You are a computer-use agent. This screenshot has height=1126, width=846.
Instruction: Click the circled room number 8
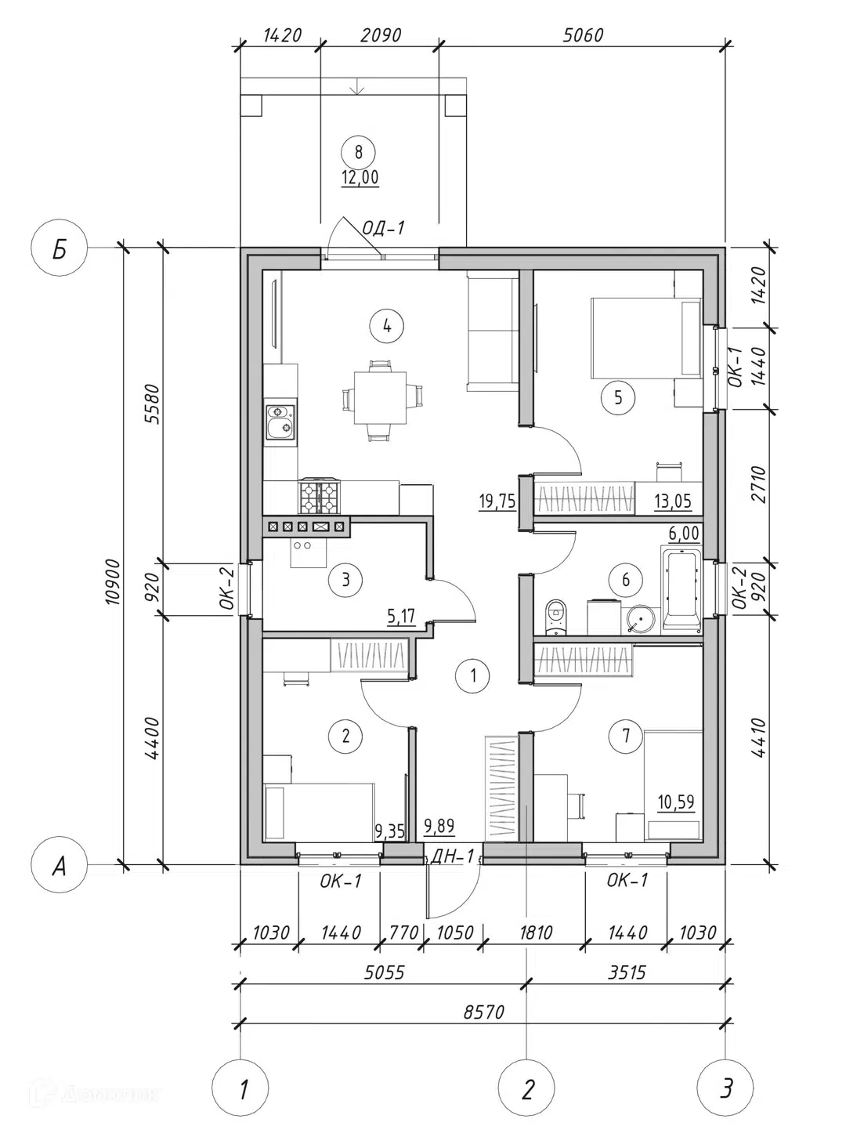click(x=358, y=152)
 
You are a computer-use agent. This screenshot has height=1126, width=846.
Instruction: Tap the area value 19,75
click(x=497, y=501)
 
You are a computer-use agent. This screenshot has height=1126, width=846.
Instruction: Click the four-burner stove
click(x=320, y=496)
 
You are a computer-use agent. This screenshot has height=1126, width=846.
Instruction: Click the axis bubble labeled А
click(x=60, y=867)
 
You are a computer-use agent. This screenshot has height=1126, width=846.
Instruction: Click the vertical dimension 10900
click(x=113, y=582)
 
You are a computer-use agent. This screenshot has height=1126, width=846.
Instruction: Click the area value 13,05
click(x=673, y=500)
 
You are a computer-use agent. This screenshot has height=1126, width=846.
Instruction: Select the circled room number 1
click(x=473, y=675)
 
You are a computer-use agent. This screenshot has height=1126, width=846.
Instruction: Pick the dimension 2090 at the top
click(x=380, y=35)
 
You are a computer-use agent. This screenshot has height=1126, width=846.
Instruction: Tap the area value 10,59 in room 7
click(x=676, y=801)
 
